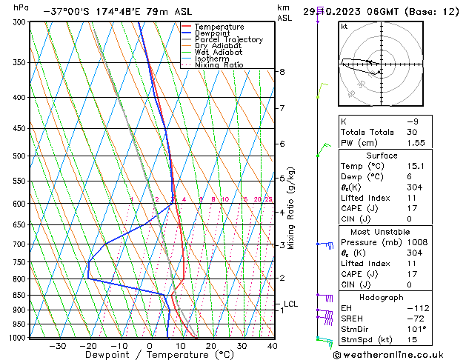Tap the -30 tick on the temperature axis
[57, 345]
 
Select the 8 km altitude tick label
[282, 72]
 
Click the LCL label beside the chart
[290, 304]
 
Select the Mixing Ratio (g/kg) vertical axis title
[292, 208]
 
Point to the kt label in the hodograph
[344, 26]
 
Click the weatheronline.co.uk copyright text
[398, 354]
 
